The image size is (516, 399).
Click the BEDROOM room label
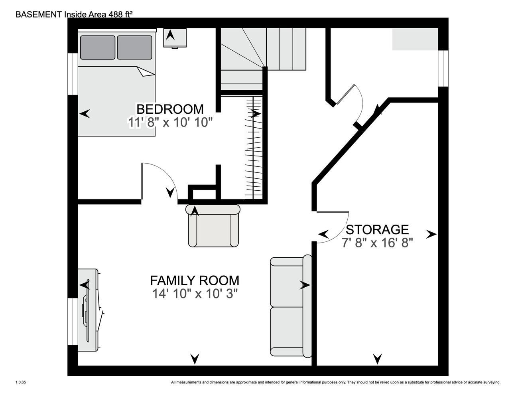[170, 109]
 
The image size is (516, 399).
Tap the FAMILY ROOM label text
[195, 280]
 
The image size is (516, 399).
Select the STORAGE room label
[377, 230]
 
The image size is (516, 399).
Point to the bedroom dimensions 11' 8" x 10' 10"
[170, 123]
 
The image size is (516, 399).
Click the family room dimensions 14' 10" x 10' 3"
[195, 294]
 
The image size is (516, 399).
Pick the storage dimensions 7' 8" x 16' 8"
[377, 243]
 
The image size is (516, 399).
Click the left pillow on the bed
[98, 47]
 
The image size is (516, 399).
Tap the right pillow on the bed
[135, 47]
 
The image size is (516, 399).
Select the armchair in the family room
[213, 226]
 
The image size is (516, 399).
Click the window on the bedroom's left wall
[73, 74]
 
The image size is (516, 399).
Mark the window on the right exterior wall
[443, 68]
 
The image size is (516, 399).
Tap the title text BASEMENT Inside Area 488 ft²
[74, 14]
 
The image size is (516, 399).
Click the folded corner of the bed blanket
[145, 71]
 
